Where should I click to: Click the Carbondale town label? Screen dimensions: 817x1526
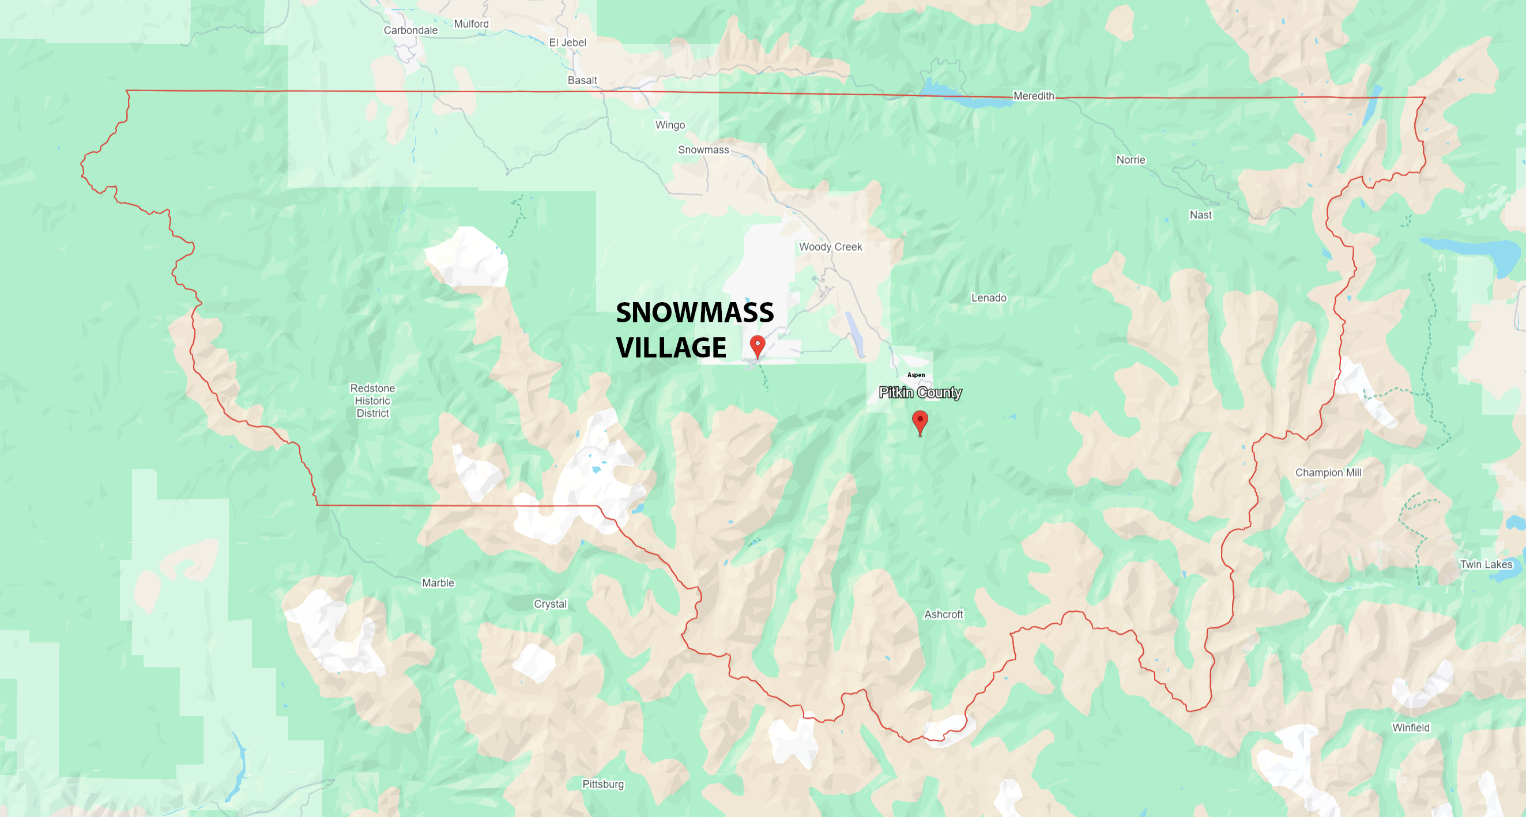(410, 30)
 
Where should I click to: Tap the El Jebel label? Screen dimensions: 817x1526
(567, 43)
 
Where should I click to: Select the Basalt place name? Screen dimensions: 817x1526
(582, 80)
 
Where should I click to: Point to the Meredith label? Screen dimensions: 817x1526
(1034, 96)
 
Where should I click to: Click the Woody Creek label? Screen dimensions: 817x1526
(831, 247)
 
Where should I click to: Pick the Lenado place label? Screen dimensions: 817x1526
(989, 298)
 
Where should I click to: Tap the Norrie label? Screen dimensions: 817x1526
(1131, 160)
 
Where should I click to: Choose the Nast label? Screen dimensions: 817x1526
(1201, 215)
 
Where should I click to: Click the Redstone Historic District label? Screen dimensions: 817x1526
(372, 401)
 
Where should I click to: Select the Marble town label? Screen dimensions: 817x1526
(438, 583)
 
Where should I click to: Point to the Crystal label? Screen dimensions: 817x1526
(551, 604)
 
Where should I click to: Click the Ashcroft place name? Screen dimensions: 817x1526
(944, 615)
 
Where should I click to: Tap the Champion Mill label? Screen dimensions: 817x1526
(1328, 473)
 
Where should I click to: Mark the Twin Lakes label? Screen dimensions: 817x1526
(1486, 564)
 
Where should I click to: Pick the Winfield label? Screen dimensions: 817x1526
(1411, 728)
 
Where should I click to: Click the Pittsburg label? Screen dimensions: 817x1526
(603, 784)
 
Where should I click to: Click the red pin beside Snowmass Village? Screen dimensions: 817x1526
(758, 345)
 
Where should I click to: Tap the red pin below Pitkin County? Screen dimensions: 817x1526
(920, 422)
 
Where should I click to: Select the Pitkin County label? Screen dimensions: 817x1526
(920, 392)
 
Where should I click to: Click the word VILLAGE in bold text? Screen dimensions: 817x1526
(671, 348)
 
